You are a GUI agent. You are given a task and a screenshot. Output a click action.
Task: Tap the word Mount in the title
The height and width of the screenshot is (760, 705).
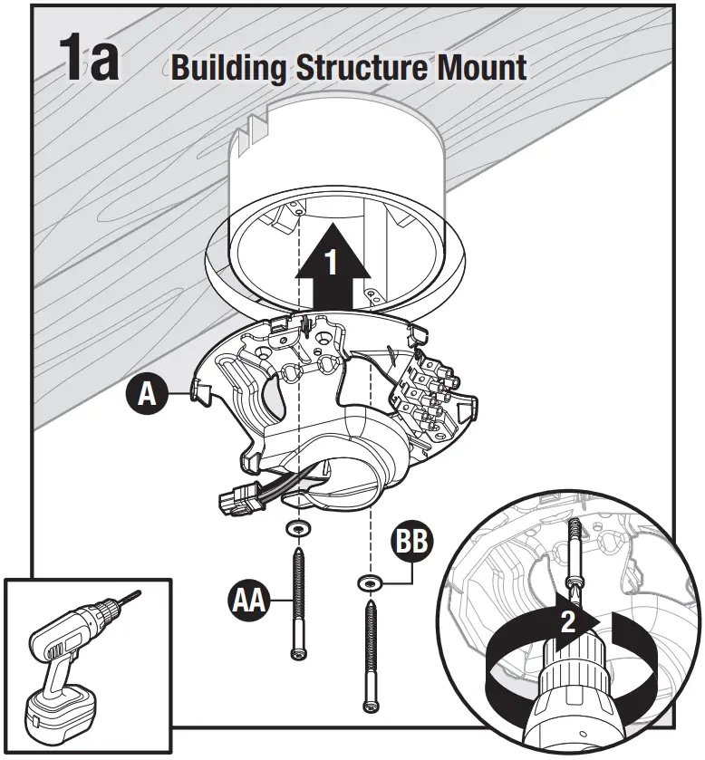(x=481, y=68)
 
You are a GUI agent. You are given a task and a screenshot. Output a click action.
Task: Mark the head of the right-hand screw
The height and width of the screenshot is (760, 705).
(x=369, y=705)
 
